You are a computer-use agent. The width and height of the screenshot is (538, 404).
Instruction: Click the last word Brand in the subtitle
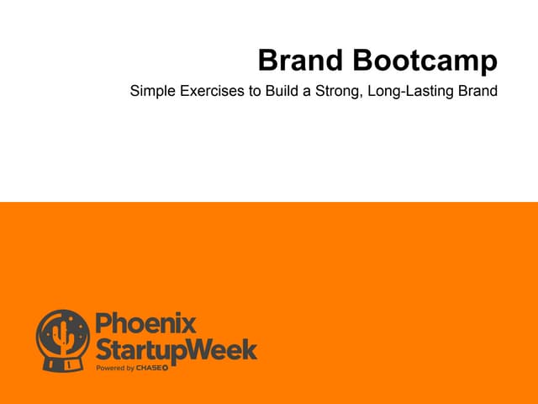477,90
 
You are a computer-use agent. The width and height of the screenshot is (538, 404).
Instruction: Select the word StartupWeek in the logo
176,349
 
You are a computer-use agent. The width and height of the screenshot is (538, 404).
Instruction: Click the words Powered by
116,368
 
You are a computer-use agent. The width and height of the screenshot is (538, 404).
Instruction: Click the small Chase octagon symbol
165,368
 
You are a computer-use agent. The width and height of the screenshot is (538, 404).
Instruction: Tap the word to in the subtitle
253,90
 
